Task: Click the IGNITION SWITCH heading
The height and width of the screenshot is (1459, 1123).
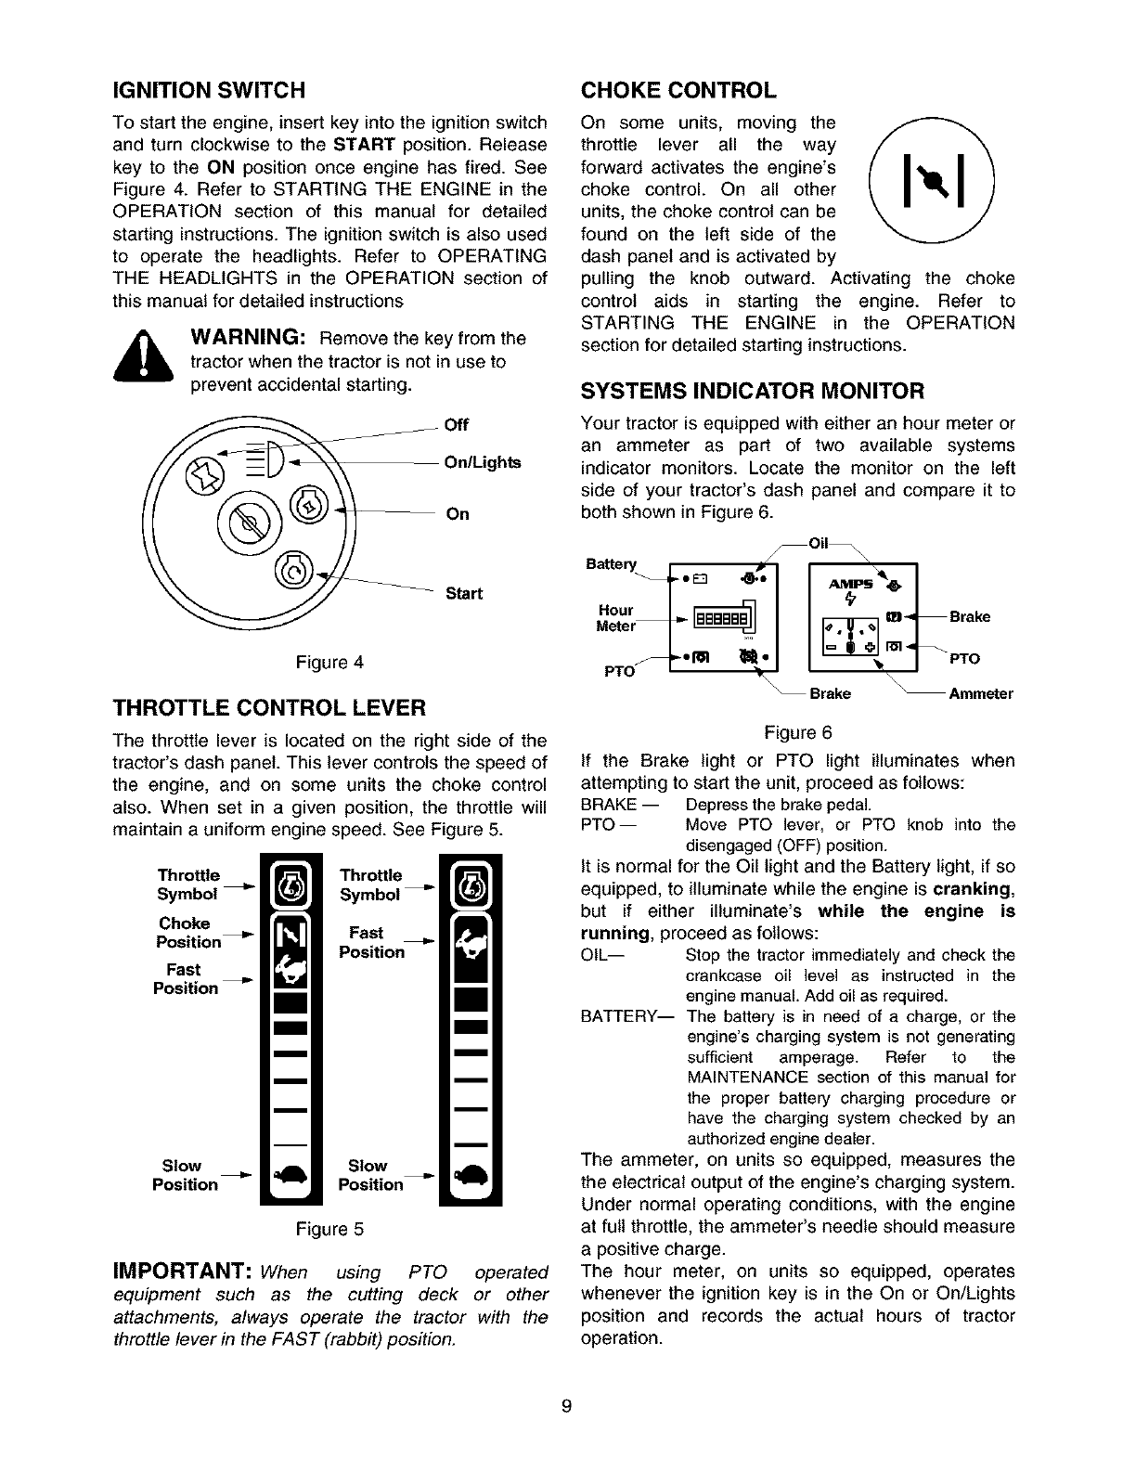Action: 208,90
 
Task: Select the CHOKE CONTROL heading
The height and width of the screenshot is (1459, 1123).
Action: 678,90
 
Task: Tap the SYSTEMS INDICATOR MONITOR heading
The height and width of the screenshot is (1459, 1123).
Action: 753,390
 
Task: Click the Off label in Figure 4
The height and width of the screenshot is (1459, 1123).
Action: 457,425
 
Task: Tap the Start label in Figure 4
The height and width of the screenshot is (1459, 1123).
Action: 464,593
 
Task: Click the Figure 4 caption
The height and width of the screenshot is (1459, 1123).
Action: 329,663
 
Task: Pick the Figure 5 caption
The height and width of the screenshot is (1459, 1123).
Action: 329,1230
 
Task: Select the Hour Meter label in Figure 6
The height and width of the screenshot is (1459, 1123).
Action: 615,617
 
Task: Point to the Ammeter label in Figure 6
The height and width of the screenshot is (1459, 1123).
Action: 980,693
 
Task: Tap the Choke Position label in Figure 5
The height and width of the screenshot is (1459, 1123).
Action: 188,933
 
